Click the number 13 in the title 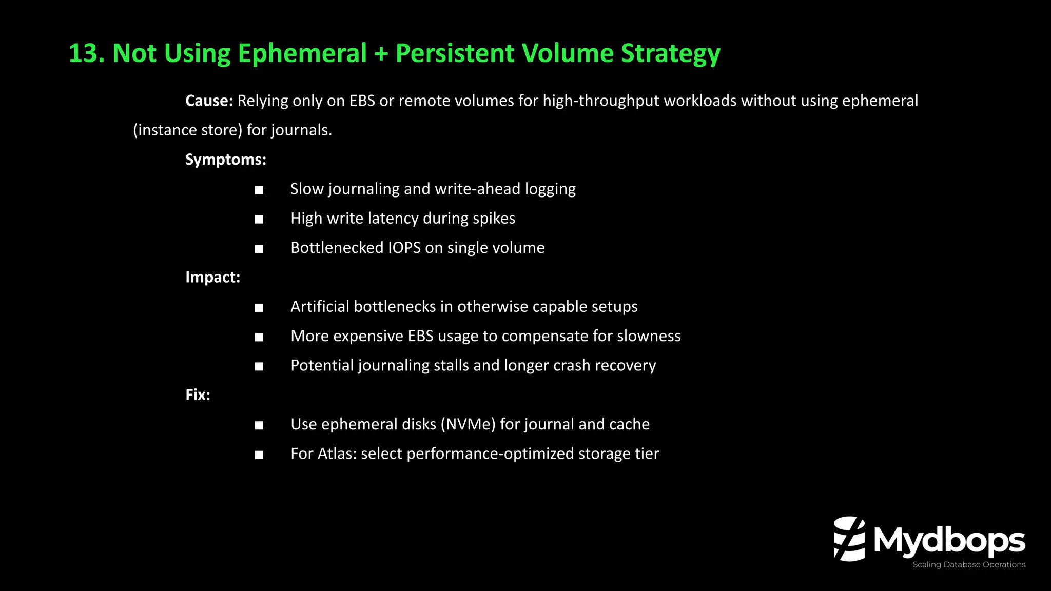(x=83, y=53)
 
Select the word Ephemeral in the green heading (x=302, y=53)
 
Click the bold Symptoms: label (x=226, y=160)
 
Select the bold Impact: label (x=212, y=277)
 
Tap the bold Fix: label (x=198, y=395)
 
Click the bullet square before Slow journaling (x=259, y=190)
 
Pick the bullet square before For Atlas (x=259, y=455)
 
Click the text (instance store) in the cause (x=187, y=130)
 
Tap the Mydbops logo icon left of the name (x=849, y=539)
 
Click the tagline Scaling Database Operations (x=969, y=565)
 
